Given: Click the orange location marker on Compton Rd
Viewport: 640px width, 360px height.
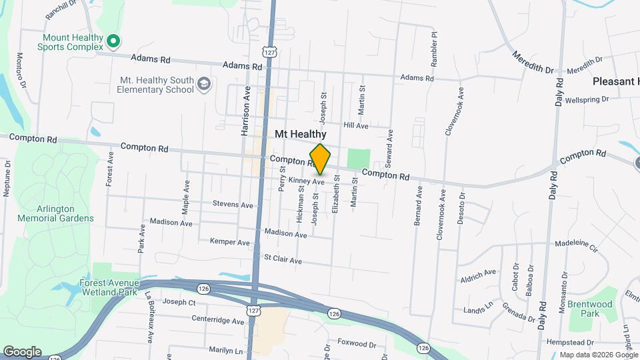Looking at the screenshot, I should click(x=320, y=159).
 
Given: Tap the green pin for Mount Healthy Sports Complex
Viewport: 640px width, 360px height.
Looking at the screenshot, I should click(x=113, y=42).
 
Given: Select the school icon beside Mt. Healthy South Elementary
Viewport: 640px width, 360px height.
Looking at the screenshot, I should click(x=204, y=83).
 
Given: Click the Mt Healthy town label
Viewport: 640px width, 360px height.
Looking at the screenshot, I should click(x=300, y=135).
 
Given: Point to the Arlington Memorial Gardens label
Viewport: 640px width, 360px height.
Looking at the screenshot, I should click(x=56, y=213).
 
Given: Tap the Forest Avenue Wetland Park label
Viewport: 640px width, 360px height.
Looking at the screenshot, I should click(x=108, y=287).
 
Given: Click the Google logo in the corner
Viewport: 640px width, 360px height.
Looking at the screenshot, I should click(x=22, y=352).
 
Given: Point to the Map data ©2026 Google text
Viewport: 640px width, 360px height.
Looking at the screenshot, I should click(x=599, y=355).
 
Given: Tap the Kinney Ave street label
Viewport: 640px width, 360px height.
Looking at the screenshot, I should click(x=306, y=181).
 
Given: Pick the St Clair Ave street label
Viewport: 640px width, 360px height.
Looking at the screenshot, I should click(x=283, y=259).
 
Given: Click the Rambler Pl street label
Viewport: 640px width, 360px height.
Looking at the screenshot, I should click(x=433, y=44).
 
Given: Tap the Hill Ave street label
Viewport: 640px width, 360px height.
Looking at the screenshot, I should click(x=355, y=125).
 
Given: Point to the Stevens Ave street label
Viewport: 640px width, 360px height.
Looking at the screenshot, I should click(x=233, y=204).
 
